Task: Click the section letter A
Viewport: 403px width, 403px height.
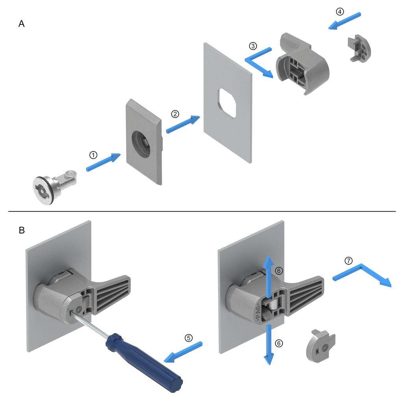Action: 22,24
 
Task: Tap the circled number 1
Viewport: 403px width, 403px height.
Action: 93,155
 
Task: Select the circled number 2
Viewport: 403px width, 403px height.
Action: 175,114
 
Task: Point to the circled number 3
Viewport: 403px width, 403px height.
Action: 253,46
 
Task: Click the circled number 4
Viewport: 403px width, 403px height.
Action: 340,11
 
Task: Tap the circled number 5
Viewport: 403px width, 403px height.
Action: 189,338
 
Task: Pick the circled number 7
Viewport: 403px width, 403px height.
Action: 348,261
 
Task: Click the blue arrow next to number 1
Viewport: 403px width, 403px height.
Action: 103,163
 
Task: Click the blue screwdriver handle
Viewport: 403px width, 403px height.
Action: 144,361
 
